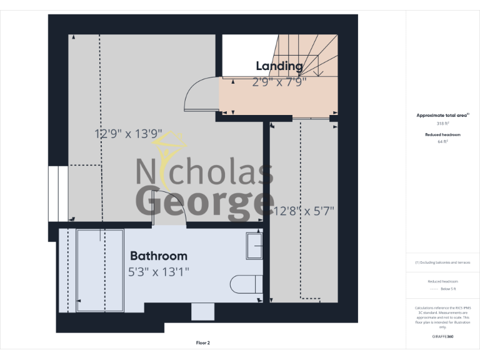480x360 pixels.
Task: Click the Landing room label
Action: [x=279, y=66]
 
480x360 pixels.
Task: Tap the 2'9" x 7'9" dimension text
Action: [x=279, y=81]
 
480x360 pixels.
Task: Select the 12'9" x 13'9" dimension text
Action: [x=128, y=133]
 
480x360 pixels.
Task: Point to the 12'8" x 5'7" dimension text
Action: [x=304, y=211]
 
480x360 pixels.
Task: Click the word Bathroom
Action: [x=158, y=256]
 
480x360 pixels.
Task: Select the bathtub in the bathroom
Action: [x=100, y=270]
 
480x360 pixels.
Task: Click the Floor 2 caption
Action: [x=202, y=342]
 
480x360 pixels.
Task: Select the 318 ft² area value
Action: [x=442, y=124]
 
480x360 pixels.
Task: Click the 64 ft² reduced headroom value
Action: [x=442, y=142]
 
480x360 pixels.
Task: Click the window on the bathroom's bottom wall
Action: [x=202, y=311]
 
